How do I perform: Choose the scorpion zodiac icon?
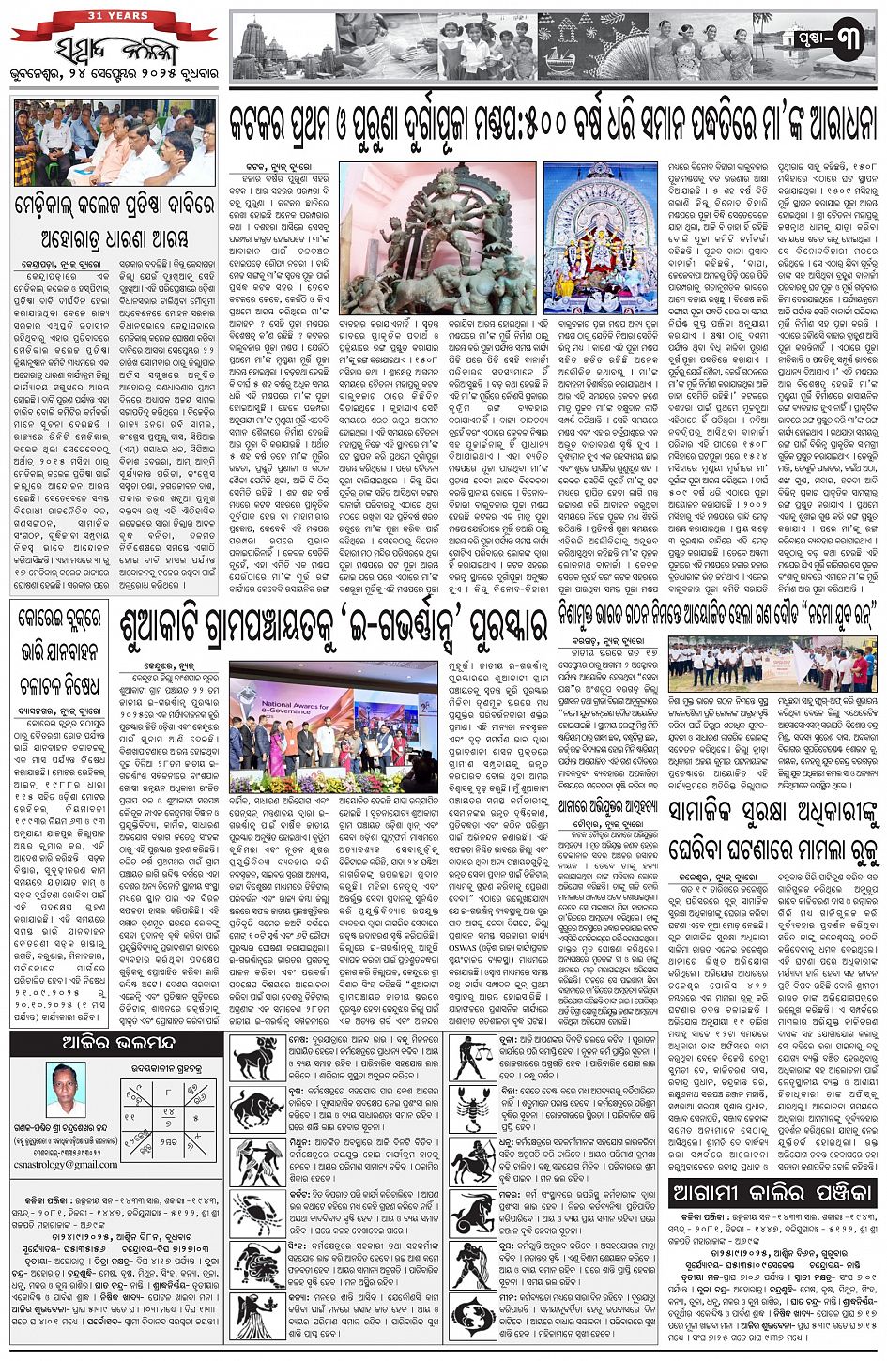(x=474, y=1109)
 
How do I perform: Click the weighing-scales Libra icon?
(x=474, y=1059)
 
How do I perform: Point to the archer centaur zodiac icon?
(x=474, y=1161)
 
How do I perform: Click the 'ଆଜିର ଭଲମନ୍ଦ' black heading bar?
(x=117, y=1044)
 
